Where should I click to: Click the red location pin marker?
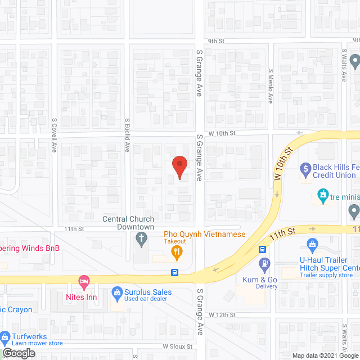tap(179, 168)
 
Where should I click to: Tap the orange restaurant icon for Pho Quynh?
tap(177, 254)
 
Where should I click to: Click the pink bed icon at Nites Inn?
tap(84, 280)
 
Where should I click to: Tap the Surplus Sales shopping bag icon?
tap(116, 292)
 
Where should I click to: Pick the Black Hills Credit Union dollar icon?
tap(305, 168)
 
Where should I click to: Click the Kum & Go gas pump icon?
tap(264, 263)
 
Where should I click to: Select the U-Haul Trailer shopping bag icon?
tap(313, 244)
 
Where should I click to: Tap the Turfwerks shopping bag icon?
tap(4, 339)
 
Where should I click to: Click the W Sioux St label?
tap(178, 347)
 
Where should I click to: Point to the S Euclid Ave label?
tap(128, 136)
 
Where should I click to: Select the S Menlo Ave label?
tap(271, 85)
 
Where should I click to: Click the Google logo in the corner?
tap(18, 353)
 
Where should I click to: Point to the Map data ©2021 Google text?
tap(325, 355)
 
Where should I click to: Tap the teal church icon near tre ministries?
tap(323, 197)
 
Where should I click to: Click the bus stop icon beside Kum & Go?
tap(262, 249)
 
